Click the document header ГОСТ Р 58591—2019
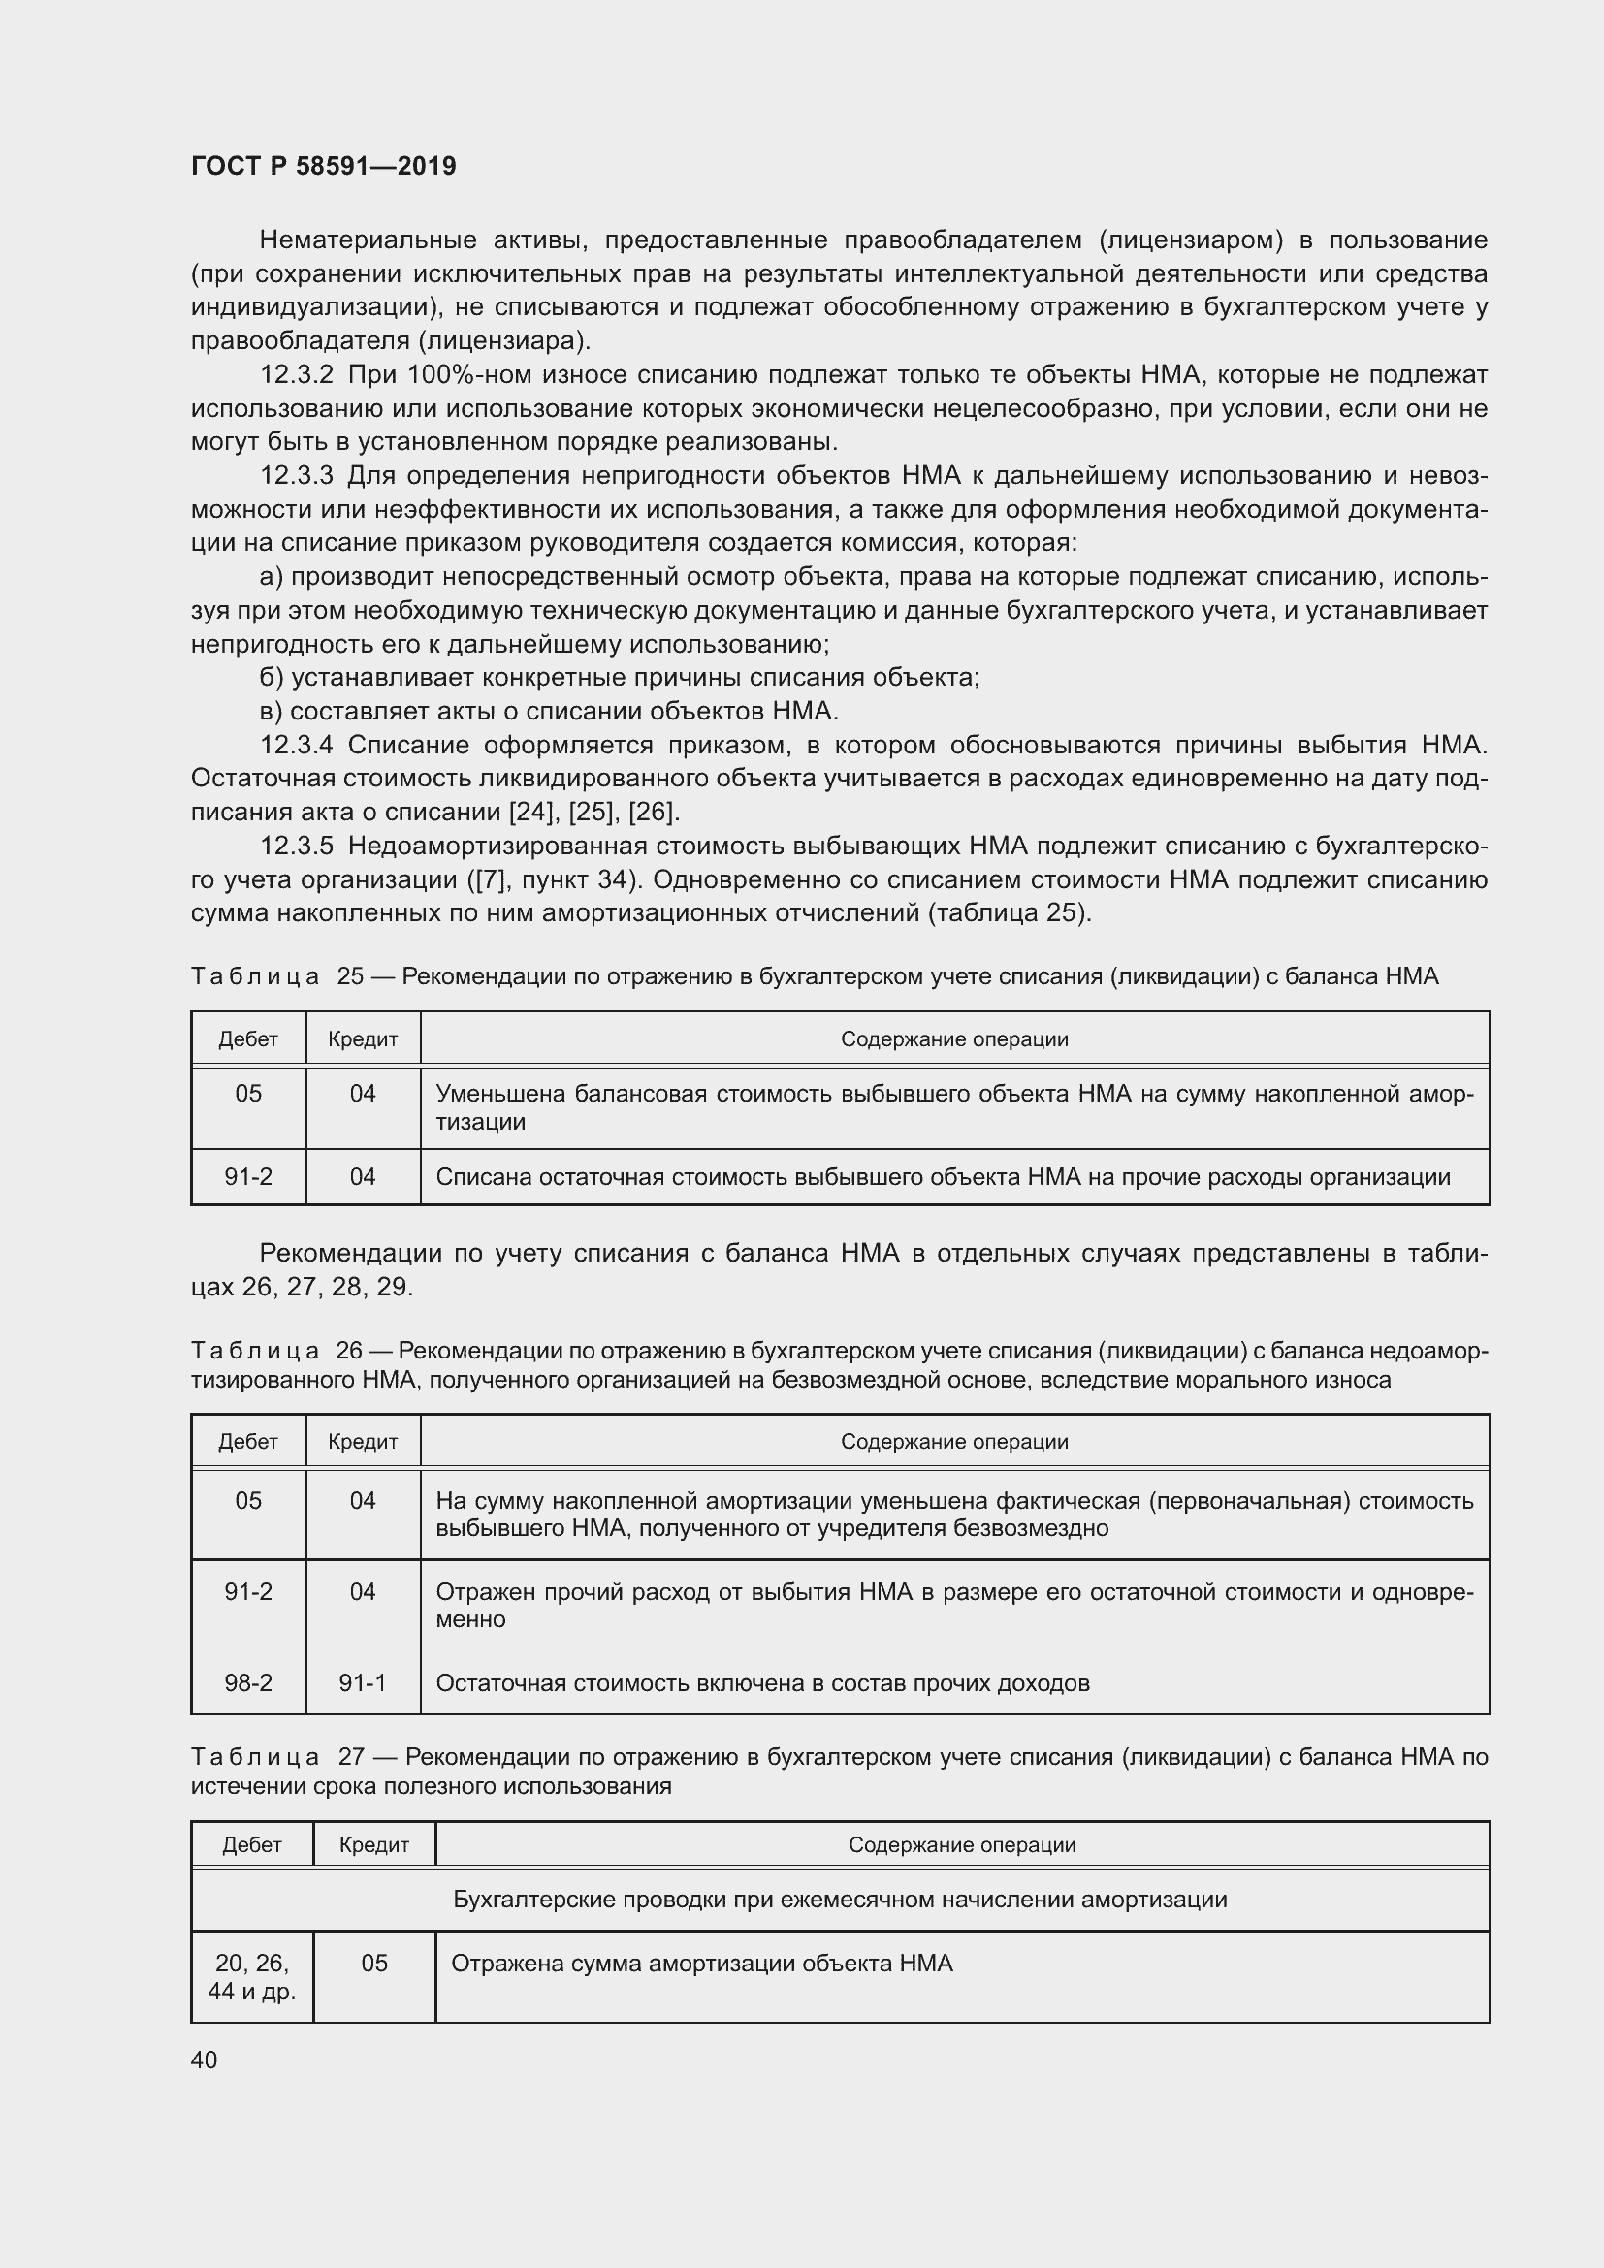(x=323, y=166)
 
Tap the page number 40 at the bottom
(x=204, y=2060)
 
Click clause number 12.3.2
(x=297, y=375)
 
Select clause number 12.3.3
(x=297, y=476)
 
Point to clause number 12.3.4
(x=297, y=745)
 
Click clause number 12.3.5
(x=297, y=846)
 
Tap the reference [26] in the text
(x=652, y=813)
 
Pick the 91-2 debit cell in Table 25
(x=248, y=1176)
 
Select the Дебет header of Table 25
(x=248, y=1039)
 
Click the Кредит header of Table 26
(x=363, y=1441)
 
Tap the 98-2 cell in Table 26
(x=248, y=1683)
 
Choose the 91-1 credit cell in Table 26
(x=363, y=1683)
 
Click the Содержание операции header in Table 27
(x=961, y=1845)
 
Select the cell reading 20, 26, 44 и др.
(x=252, y=1976)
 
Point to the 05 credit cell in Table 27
(x=374, y=1963)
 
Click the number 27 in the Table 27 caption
(x=351, y=1757)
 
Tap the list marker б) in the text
(x=272, y=678)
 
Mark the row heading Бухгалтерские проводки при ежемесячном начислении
(x=840, y=1900)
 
